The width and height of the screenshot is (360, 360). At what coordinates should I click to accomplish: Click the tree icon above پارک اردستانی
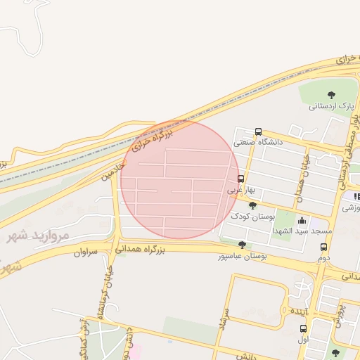click(331, 94)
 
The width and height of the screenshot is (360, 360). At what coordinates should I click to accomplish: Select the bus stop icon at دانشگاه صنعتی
click(259, 131)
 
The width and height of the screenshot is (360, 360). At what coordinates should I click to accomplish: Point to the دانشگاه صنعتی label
click(258, 142)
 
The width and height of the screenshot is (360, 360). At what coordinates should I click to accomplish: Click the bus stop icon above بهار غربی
click(240, 179)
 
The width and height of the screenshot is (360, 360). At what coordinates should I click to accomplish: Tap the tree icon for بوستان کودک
click(252, 205)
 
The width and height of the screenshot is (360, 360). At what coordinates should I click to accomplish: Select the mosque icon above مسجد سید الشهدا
click(302, 220)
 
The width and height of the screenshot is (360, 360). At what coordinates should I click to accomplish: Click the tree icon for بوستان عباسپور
click(243, 245)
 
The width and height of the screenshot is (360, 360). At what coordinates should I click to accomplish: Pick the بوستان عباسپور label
click(243, 257)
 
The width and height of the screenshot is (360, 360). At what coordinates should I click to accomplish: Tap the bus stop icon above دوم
click(323, 247)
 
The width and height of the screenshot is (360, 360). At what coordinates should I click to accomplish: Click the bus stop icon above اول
click(304, 328)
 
